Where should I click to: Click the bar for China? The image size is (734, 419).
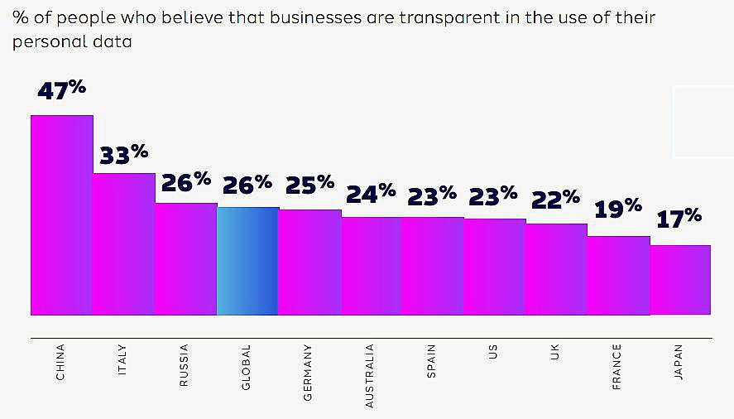(62, 215)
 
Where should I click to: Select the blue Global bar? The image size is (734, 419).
(247, 261)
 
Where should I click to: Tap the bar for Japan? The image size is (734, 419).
(680, 280)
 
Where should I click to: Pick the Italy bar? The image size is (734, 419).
(124, 244)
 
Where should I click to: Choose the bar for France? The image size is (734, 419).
(619, 275)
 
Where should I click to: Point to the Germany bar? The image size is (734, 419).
(309, 262)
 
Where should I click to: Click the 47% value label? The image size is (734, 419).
(62, 90)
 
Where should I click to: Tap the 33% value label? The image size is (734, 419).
(124, 154)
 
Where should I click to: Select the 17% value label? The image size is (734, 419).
(679, 219)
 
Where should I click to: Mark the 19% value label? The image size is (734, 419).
(618, 207)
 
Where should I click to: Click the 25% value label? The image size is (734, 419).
(309, 184)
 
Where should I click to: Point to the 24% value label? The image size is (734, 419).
(372, 194)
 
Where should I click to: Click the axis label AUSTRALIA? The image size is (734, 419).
(370, 375)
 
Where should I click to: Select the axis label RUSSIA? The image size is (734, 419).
(185, 365)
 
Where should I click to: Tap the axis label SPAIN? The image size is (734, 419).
(431, 361)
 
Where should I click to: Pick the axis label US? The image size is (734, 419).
(493, 351)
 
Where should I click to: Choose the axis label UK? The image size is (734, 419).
(554, 351)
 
